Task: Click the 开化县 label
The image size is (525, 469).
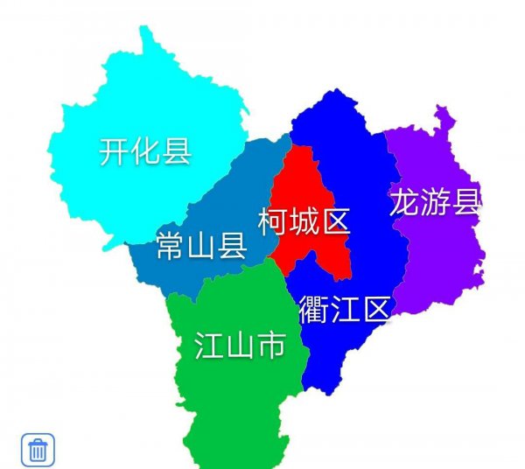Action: [x=145, y=151]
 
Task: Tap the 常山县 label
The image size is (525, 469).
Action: [x=200, y=247]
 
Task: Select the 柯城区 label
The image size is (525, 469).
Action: [x=304, y=221]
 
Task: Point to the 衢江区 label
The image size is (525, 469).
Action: [x=344, y=310]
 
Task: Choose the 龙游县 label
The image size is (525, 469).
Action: [x=436, y=202]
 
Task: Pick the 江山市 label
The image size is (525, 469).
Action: [x=240, y=346]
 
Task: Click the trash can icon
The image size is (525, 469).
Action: [x=38, y=450]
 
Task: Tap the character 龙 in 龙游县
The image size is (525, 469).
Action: [x=405, y=202]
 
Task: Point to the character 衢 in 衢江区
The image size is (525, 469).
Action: [x=313, y=310]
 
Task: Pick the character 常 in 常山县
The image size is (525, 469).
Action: [x=170, y=247]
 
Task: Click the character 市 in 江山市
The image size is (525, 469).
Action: [x=270, y=346]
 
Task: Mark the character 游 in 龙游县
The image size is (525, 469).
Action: [x=436, y=202]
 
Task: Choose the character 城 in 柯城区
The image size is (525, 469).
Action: [x=304, y=221]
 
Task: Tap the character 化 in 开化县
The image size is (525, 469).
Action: [x=145, y=151]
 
